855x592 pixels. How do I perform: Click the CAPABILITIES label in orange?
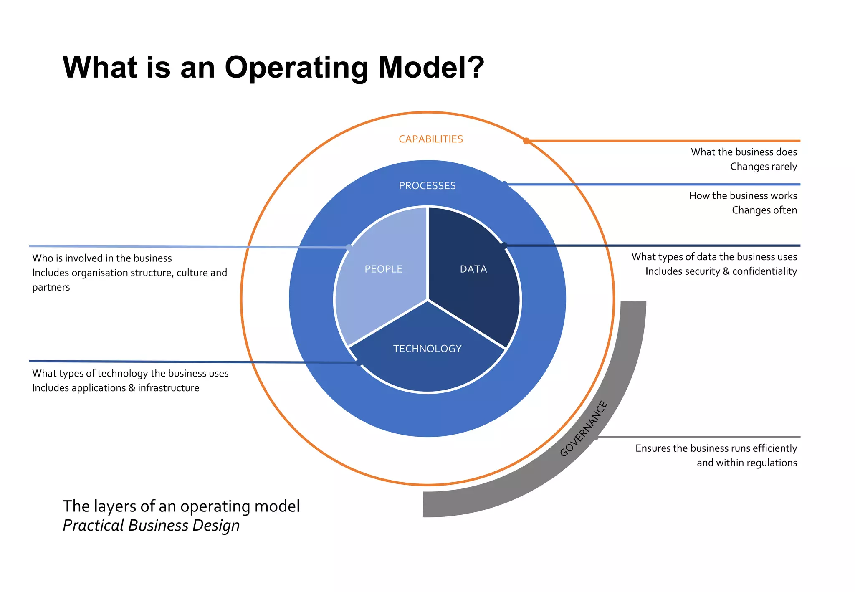[x=430, y=139]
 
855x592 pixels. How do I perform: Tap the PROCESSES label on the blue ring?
[x=427, y=186]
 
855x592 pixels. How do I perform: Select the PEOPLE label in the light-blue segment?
[x=383, y=269]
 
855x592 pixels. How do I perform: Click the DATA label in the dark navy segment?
[x=473, y=269]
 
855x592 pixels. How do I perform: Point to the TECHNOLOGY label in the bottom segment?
[x=427, y=349]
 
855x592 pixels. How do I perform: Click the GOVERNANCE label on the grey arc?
[x=584, y=428]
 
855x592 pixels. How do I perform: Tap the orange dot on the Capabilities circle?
[x=526, y=141]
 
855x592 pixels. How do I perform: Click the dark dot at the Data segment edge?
[x=504, y=245]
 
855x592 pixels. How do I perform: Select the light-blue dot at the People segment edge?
[x=349, y=248]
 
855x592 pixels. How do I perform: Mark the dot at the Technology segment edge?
[x=359, y=362]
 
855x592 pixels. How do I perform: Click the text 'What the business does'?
[x=744, y=152]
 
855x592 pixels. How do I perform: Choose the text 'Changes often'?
[x=764, y=210]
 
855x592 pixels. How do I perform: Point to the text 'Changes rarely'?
[x=763, y=167]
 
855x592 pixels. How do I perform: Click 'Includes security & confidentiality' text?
[x=721, y=271]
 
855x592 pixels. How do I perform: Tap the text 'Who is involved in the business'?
[x=102, y=258]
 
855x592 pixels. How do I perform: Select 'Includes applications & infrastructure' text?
[x=116, y=388]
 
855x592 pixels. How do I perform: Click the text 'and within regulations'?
[x=746, y=463]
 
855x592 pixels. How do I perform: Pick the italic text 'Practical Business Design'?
[x=151, y=525]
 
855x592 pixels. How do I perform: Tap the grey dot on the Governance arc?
[x=596, y=437]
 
